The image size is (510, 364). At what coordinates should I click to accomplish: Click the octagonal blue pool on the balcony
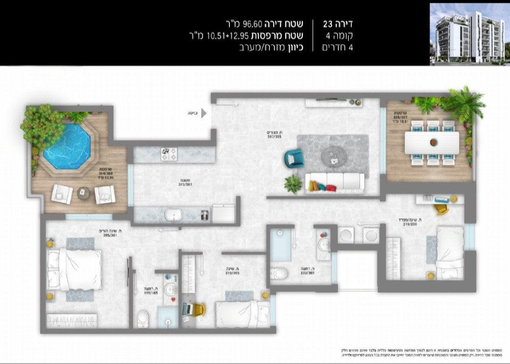(x=67, y=146)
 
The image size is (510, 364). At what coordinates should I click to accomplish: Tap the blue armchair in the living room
(x=294, y=157)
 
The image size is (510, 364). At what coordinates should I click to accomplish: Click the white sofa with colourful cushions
(x=335, y=182)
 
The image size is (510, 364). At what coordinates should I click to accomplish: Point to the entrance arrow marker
(x=204, y=113)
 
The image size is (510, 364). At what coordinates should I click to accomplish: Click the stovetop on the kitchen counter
(x=169, y=154)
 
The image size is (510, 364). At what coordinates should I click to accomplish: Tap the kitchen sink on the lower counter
(x=173, y=215)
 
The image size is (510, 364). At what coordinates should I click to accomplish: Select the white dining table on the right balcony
(x=432, y=142)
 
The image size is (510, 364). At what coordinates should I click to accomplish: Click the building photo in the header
(x=469, y=34)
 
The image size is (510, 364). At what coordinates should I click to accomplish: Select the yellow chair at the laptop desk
(x=199, y=309)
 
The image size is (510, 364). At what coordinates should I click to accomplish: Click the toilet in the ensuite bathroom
(x=143, y=319)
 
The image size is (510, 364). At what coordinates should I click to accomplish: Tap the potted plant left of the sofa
(x=293, y=183)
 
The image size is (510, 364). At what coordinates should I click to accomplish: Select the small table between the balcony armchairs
(x=83, y=192)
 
